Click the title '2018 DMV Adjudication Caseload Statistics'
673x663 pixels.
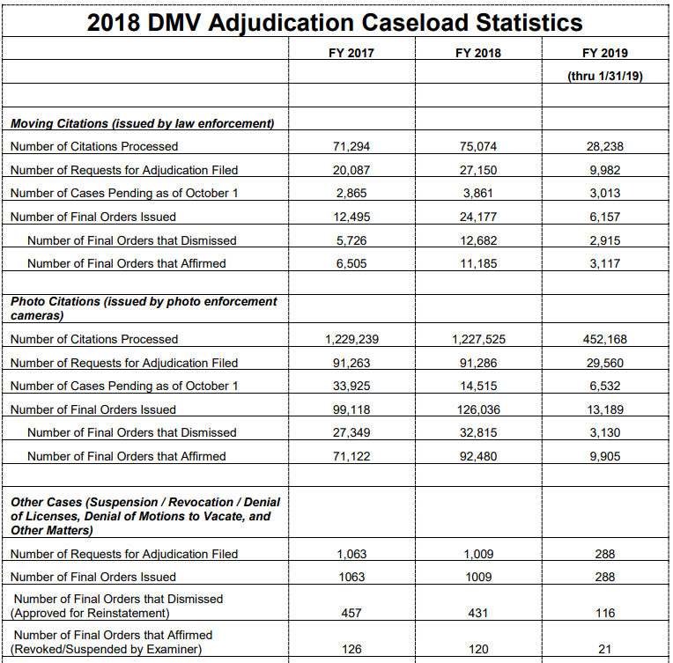[335, 22]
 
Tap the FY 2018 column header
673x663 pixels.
[477, 53]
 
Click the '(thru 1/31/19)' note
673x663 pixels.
[604, 77]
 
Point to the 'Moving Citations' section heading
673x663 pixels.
[142, 123]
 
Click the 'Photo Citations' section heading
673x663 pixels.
[144, 308]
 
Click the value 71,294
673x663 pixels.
[351, 146]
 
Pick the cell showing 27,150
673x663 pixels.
[477, 170]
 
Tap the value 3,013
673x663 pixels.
[604, 193]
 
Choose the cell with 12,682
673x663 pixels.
[477, 239]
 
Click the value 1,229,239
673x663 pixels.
[351, 339]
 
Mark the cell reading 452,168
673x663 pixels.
[604, 339]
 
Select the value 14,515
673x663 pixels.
[477, 386]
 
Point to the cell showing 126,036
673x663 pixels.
[477, 409]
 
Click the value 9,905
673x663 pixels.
[604, 456]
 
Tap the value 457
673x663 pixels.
[351, 613]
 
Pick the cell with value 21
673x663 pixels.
[604, 650]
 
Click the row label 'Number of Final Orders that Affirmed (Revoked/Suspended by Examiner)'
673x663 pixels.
[114, 642]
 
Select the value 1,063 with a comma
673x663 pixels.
[351, 554]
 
